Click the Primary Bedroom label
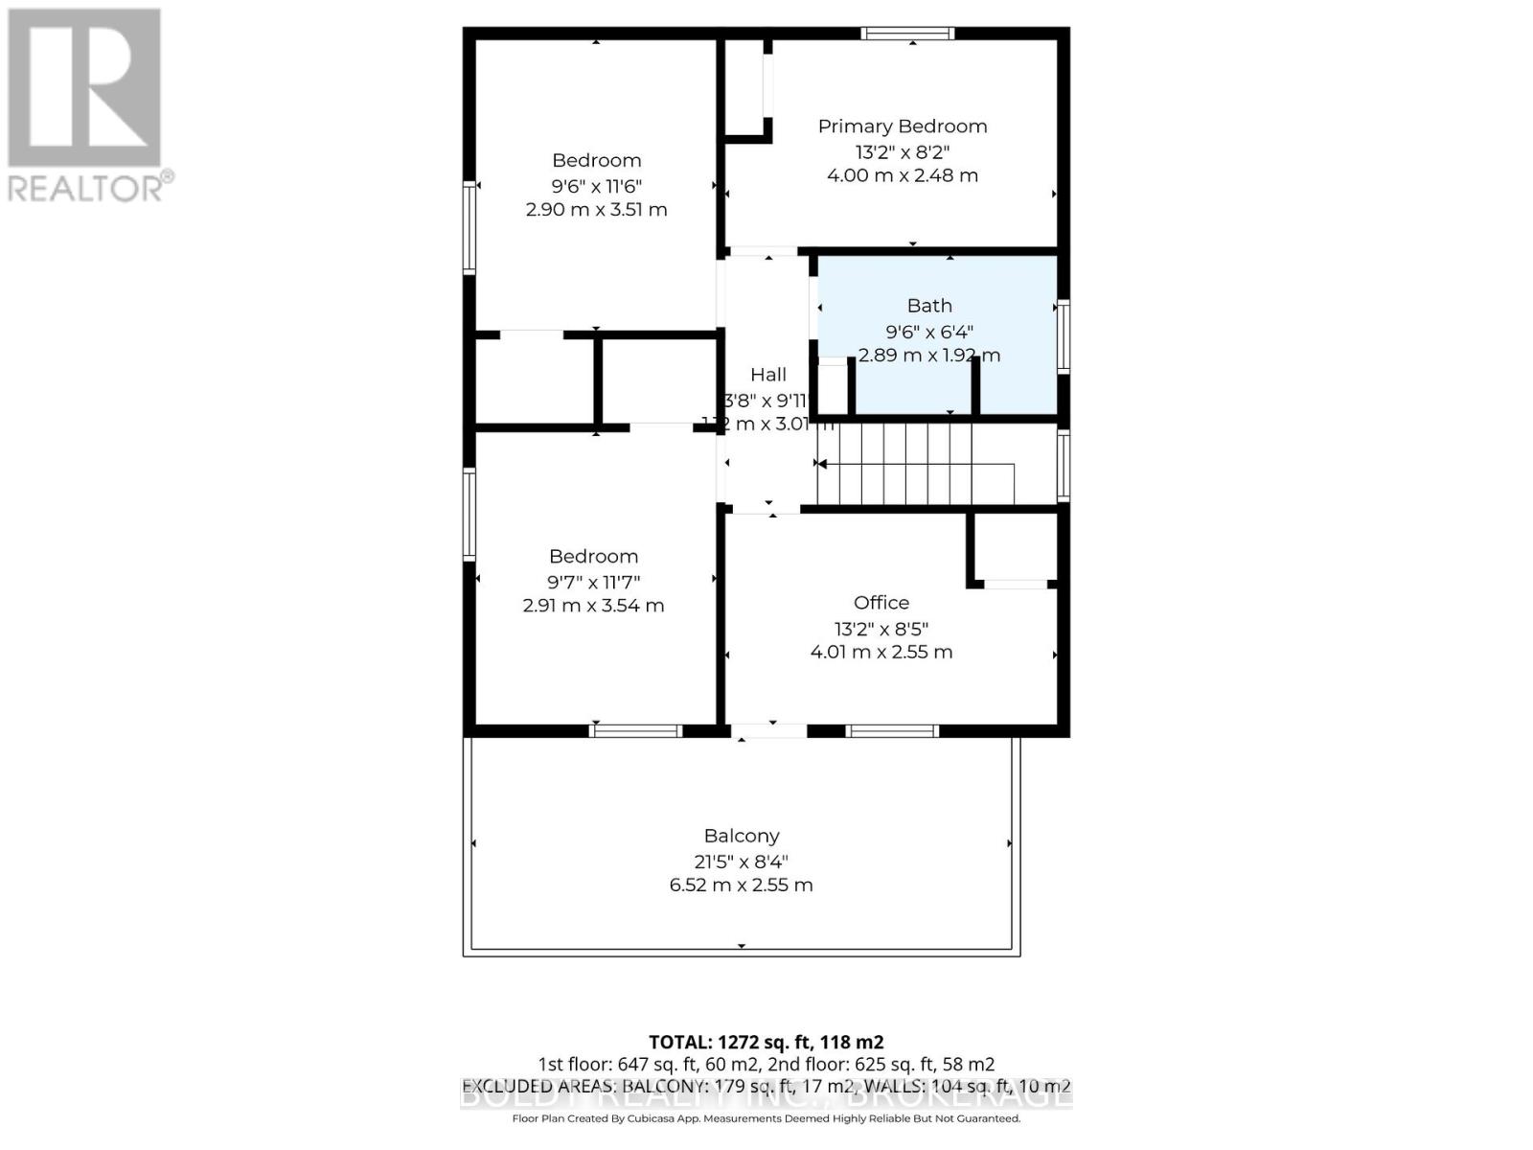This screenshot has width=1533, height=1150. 902,126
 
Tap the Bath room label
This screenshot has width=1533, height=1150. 929,306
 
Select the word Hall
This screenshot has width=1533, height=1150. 768,375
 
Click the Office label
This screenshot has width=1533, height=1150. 881,603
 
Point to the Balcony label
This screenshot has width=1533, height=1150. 742,836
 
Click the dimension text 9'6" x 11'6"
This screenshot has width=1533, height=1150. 596,186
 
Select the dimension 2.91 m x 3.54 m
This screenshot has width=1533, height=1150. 593,606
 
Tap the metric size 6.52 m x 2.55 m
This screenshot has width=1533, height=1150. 741,885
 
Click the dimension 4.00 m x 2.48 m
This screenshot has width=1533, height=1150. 902,175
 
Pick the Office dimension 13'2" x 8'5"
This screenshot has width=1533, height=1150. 881,629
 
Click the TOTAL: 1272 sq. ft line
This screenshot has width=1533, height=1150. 766,1042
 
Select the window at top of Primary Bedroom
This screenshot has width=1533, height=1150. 907,34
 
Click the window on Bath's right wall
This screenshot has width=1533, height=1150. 1063,336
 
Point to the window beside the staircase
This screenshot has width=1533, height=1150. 1063,466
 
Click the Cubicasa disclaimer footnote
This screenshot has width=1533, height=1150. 766,1118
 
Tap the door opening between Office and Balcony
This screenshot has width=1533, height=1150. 769,730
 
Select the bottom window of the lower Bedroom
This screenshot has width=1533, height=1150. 635,730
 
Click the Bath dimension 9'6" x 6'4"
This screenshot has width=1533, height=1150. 929,332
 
